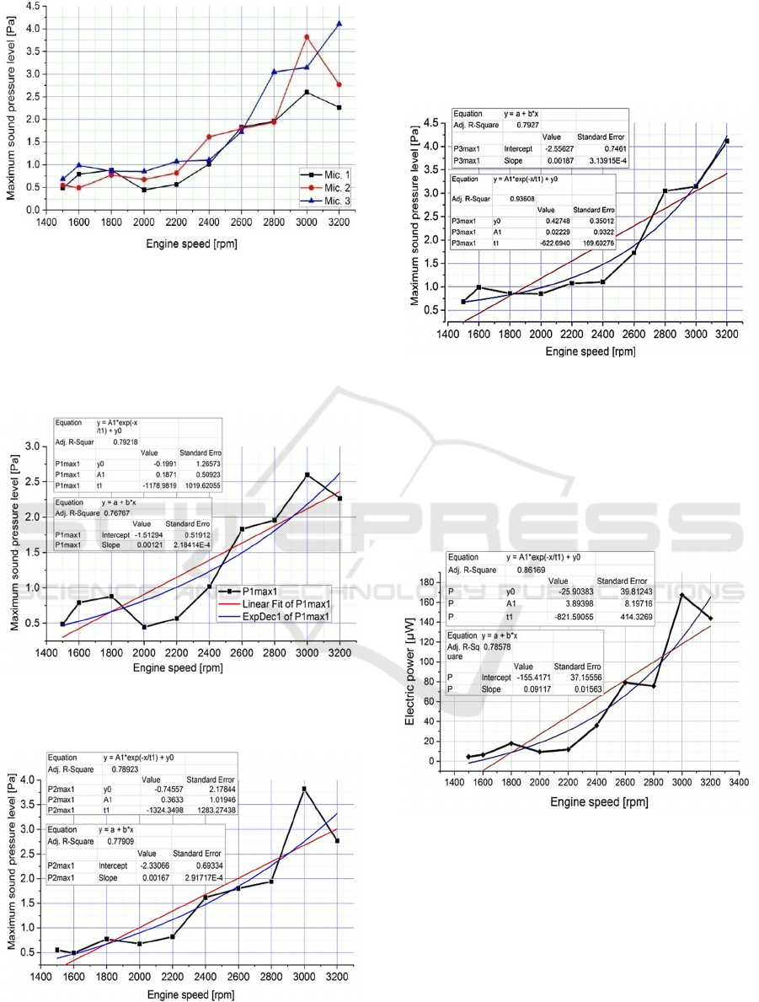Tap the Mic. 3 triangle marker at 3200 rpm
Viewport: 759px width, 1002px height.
coord(339,24)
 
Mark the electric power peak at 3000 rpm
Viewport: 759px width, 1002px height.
coord(681,595)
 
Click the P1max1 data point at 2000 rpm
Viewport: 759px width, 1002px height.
coord(144,626)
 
